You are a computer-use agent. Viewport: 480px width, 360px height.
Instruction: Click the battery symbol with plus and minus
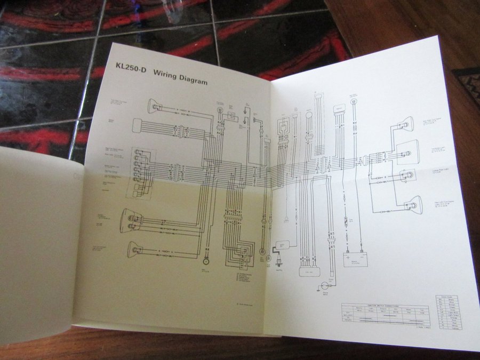click(355, 258)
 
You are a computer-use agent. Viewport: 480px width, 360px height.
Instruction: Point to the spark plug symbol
click(278, 262)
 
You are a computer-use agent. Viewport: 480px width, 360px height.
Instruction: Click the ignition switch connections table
click(385, 315)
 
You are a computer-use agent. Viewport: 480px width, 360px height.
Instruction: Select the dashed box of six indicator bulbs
click(140, 173)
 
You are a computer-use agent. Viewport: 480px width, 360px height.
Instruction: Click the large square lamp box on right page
click(407, 151)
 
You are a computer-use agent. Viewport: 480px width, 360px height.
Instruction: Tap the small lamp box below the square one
click(407, 176)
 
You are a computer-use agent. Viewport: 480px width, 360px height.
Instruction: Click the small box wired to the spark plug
click(282, 245)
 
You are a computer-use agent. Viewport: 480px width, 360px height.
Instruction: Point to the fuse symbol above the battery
click(346, 220)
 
